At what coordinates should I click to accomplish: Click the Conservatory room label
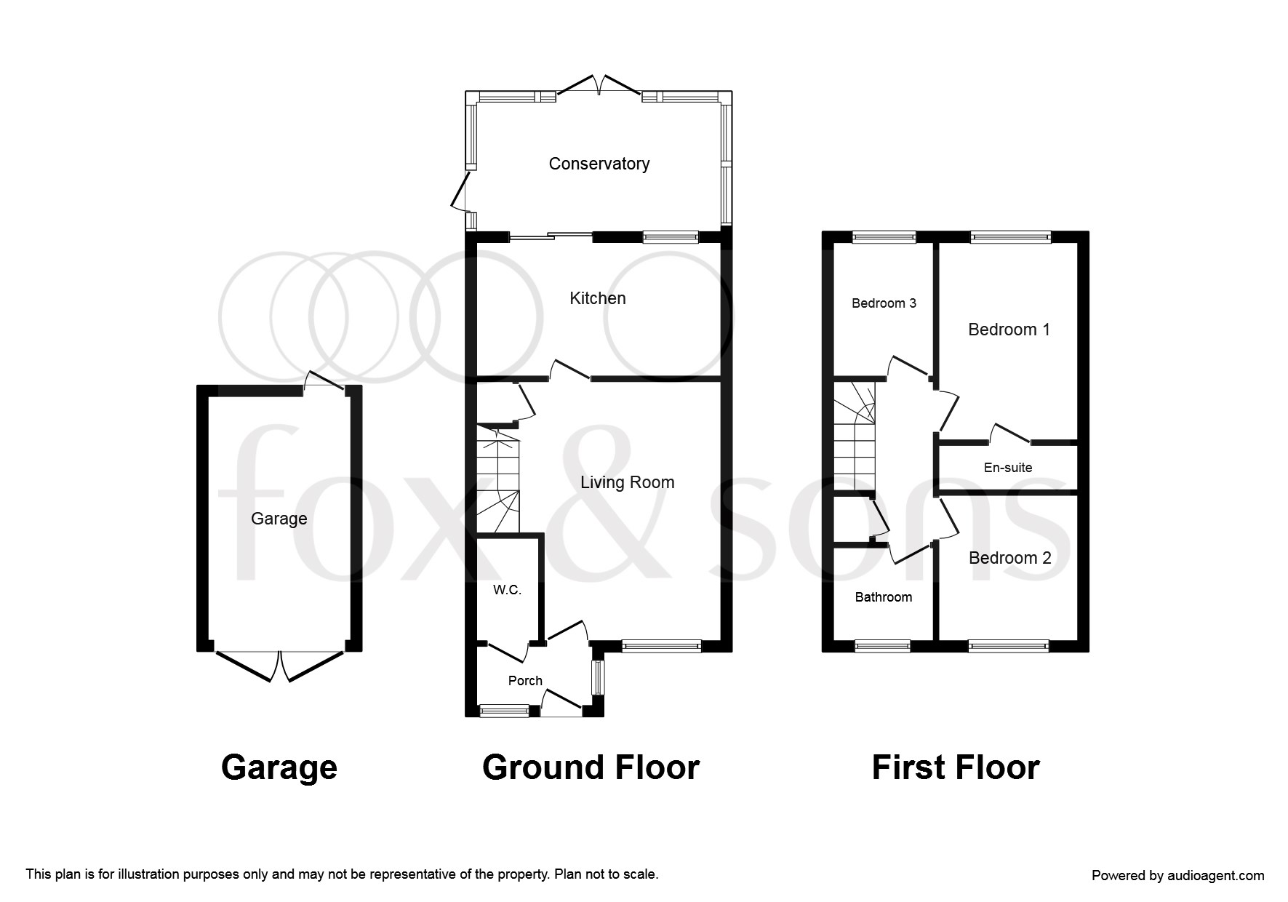click(x=599, y=164)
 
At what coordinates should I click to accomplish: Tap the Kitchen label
click(x=597, y=298)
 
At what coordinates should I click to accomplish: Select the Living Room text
click(x=627, y=482)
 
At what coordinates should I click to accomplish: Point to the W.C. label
click(x=507, y=590)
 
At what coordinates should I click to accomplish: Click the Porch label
click(x=525, y=681)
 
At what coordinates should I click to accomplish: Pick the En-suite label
click(x=1008, y=468)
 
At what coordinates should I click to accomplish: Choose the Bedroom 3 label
click(x=884, y=303)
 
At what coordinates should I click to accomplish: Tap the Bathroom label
click(x=883, y=597)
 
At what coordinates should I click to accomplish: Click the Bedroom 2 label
click(x=1009, y=558)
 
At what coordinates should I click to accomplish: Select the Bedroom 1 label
click(x=1009, y=330)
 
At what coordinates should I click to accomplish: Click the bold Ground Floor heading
click(x=591, y=767)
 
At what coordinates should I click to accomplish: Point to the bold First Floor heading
click(x=956, y=767)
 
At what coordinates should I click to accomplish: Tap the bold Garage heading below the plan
click(x=279, y=768)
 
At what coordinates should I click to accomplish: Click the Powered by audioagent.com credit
click(x=1178, y=876)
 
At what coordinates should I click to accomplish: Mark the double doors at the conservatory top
click(x=599, y=84)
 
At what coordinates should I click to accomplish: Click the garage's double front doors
click(x=279, y=665)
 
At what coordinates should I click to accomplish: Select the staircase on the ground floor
click(x=499, y=481)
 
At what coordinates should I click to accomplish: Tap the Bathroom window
click(x=882, y=644)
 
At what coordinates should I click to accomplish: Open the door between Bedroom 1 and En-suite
click(x=1009, y=434)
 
